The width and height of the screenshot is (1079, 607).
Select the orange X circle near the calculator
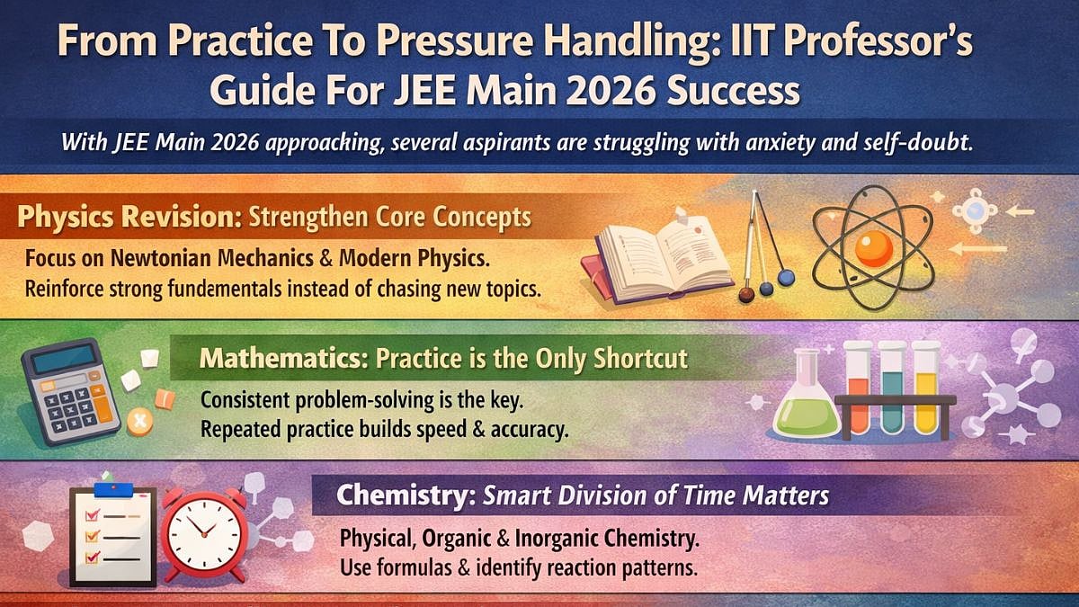tap(139, 420)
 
